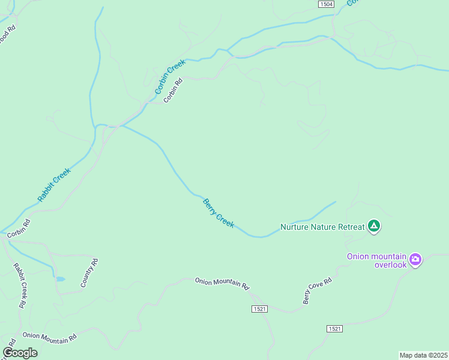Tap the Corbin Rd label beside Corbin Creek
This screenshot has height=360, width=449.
tap(172, 91)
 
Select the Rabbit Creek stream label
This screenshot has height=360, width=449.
tap(54, 184)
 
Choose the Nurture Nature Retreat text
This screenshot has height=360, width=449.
tap(322, 227)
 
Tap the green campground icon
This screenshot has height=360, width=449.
tap(373, 226)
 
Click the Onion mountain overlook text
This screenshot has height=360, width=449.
tap(376, 260)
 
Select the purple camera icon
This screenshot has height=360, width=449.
tap(415, 260)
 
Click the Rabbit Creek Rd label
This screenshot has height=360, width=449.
tap(20, 285)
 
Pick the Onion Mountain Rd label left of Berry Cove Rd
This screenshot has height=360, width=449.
tap(221, 283)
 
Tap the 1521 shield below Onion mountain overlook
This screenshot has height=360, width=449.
tap(335, 329)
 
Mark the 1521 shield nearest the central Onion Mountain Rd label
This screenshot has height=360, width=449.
tap(259, 308)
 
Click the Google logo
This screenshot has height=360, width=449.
tap(20, 353)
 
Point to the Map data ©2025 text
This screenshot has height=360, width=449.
tap(424, 355)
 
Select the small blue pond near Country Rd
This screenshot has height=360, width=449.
tap(59, 279)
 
